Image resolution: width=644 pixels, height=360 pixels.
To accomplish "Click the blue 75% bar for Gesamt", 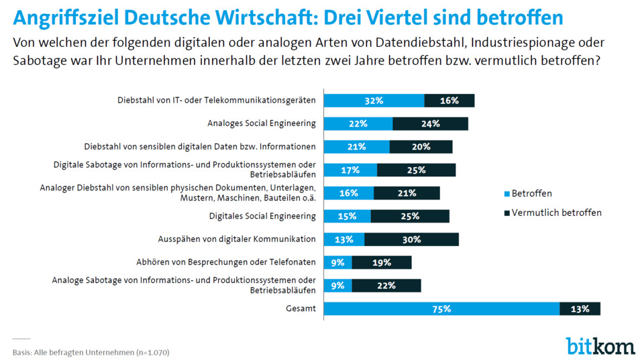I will click(441, 309).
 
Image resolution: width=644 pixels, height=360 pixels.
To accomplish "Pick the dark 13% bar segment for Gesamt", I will click(580, 309).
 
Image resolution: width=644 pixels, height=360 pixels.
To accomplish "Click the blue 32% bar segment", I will click(374, 101).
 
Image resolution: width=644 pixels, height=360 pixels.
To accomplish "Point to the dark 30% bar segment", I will click(411, 239).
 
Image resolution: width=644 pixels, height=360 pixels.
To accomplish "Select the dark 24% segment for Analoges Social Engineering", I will click(430, 123).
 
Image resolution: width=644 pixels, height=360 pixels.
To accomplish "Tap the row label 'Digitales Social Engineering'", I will click(262, 216).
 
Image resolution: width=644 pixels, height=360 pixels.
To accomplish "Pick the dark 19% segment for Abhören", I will click(381, 262).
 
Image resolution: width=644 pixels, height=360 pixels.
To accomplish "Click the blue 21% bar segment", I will click(356, 147).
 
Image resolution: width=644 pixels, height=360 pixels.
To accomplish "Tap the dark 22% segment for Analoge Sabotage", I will click(386, 286).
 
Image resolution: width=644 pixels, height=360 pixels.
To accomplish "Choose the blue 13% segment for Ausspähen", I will click(344, 239).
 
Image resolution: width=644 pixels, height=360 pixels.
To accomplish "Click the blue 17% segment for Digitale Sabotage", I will click(350, 170).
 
